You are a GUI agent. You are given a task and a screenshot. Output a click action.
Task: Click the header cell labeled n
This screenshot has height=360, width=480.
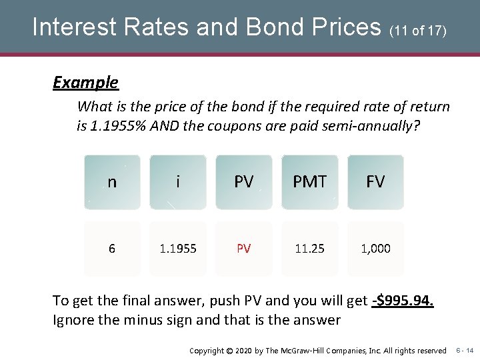point(112,182)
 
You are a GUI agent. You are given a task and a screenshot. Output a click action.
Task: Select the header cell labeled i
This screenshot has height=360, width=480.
point(178,182)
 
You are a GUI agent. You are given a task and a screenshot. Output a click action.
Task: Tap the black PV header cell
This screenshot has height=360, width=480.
point(244,182)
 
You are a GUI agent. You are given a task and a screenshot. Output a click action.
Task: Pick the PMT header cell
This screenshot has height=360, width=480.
point(310,182)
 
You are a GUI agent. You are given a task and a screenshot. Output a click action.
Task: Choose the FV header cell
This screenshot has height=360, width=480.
point(376,182)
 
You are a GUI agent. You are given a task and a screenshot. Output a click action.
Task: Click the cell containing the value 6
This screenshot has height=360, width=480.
point(112,249)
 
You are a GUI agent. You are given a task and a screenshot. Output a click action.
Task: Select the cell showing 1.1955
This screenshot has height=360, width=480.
point(178,249)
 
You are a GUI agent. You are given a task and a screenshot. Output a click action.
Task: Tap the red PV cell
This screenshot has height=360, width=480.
point(244,249)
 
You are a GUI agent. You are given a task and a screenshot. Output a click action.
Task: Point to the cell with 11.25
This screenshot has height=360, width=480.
point(310,249)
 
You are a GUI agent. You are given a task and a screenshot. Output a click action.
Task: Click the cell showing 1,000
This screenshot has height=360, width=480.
point(376,249)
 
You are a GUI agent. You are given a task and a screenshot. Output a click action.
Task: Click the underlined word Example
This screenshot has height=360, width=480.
point(85,83)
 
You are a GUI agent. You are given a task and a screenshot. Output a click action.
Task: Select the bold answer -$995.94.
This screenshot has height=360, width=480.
point(403,301)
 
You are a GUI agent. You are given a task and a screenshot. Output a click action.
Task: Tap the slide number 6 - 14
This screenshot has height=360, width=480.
point(465,350)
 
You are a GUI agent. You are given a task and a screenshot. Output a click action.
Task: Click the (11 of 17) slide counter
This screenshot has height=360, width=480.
point(417,31)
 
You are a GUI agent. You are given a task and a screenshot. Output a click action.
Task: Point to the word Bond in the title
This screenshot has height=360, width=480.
point(274,27)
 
